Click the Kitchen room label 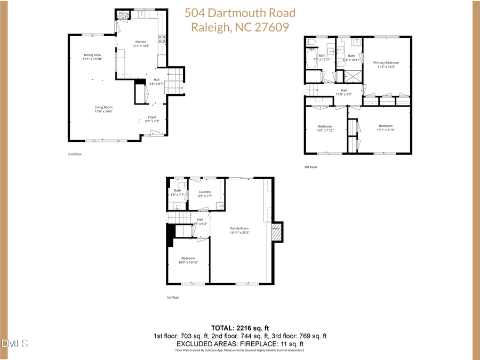tap(140, 42)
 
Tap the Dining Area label tap(92, 55)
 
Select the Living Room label tap(104, 107)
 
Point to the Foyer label tap(152, 117)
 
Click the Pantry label tap(124, 13)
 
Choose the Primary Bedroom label tap(386, 63)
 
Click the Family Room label tap(239, 228)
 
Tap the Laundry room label tap(205, 192)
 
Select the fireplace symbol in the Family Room tap(276, 232)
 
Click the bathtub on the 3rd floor tap(312, 59)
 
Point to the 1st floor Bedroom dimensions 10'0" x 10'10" tap(188, 262)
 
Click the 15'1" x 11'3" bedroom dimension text tap(386, 130)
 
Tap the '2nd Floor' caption tap(74, 154)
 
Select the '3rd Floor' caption tap(310, 167)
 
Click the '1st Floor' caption tap(172, 298)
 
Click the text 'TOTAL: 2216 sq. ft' tap(240, 327)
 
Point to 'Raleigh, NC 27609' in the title tap(240, 27)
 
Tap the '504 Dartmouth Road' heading tap(240, 13)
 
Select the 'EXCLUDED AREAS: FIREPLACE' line tap(240, 343)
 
